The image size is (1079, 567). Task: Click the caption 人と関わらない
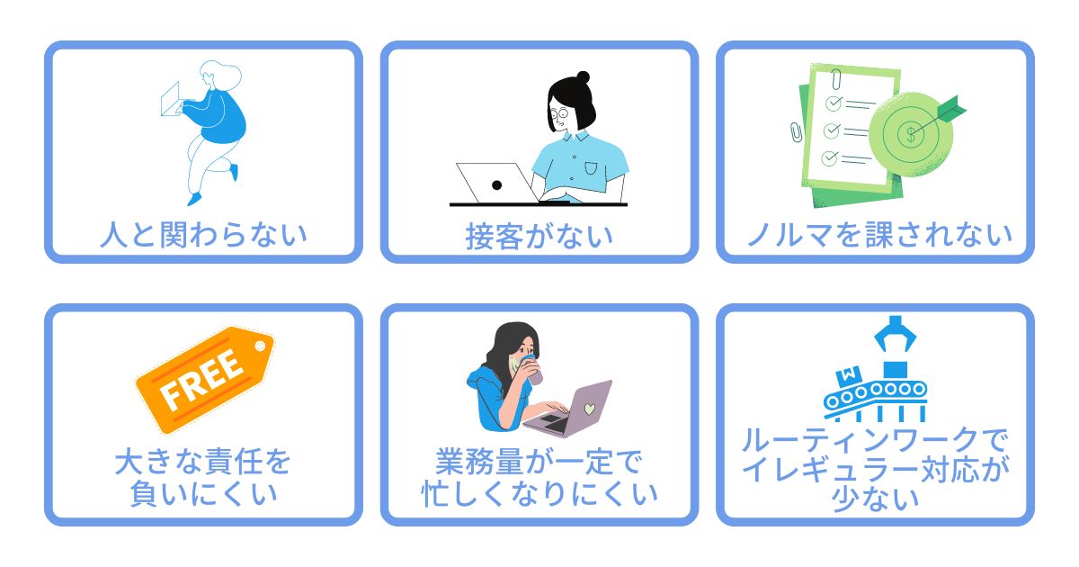[203, 235]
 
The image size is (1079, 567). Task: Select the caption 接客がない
[539, 236]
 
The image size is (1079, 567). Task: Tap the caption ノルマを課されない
[878, 235]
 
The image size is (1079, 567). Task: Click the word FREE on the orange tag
[201, 380]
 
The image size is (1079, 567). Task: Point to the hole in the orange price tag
[260, 346]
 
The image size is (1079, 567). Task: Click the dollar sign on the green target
[910, 134]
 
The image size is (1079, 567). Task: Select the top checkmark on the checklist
[834, 103]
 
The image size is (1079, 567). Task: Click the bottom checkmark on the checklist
[830, 157]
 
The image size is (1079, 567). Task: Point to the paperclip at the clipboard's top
[836, 78]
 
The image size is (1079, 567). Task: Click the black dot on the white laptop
[496, 184]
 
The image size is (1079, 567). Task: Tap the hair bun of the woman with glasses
[583, 77]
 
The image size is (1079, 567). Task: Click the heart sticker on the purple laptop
[589, 409]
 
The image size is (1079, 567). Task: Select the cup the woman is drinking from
[531, 370]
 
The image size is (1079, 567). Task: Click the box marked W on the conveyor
[849, 375]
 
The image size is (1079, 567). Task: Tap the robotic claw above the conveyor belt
[895, 334]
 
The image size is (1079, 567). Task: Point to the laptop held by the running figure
[170, 99]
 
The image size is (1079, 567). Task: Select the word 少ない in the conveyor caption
[875, 499]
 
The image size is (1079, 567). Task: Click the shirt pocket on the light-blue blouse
[591, 168]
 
